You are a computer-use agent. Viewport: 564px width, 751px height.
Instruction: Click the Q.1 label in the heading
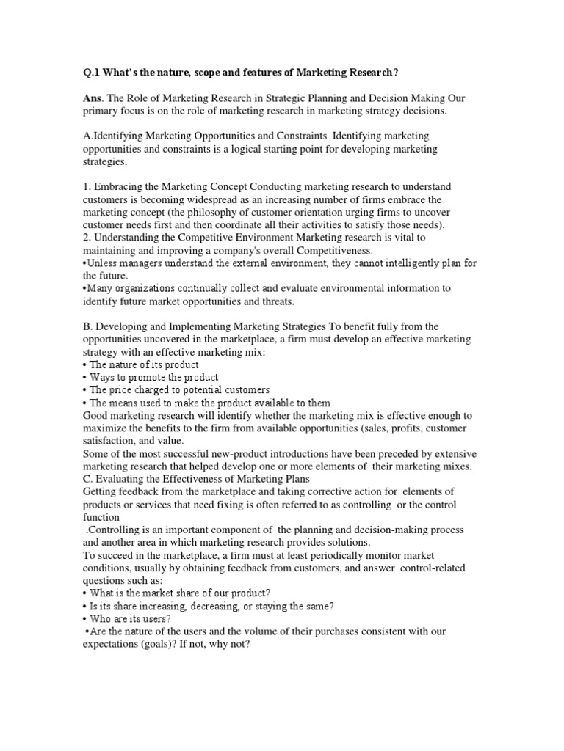[93, 73]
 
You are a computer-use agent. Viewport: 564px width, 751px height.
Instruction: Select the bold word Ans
[95, 98]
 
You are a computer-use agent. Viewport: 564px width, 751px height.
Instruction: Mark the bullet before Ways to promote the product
[85, 378]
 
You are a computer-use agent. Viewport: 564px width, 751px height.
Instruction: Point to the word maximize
[108, 428]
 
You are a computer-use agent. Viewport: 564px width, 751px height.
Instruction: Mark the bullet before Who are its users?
[85, 619]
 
